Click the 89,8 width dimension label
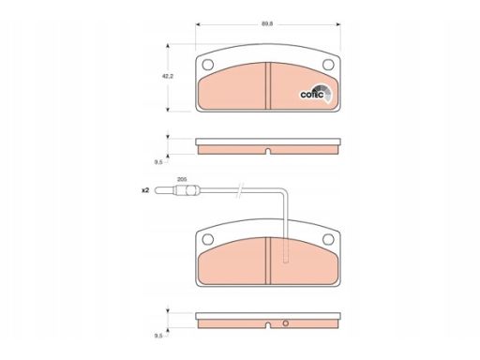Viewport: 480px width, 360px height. (267, 24)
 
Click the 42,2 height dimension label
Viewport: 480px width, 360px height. (168, 76)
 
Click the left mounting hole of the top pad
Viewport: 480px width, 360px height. (208, 65)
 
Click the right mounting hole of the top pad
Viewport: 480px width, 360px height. (328, 65)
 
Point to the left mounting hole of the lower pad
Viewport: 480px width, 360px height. (208, 239)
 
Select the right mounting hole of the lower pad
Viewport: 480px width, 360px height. (328, 239)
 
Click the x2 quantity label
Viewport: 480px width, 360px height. (145, 190)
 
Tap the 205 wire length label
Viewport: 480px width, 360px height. (182, 179)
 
